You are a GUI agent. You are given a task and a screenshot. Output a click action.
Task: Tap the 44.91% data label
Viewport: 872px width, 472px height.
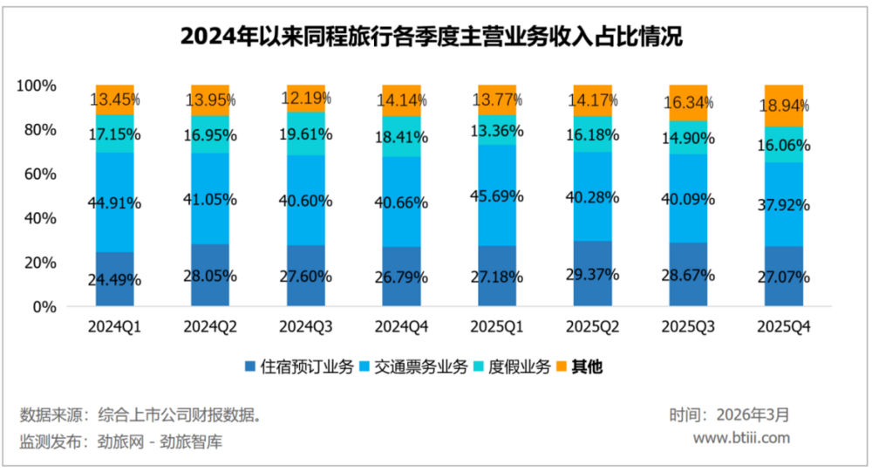point(115,203)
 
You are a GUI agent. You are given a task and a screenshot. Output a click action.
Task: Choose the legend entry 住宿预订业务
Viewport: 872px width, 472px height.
point(299,366)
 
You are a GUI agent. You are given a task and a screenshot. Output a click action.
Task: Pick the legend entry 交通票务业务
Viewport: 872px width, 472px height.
point(413,366)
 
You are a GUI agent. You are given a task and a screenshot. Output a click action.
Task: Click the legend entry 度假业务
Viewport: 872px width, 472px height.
point(514,366)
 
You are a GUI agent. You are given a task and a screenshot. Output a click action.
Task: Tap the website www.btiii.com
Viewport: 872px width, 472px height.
point(741,438)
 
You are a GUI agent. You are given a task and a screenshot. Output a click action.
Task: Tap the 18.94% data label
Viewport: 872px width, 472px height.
point(783,106)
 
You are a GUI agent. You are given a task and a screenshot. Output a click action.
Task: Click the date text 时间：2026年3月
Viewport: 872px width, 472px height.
point(729,414)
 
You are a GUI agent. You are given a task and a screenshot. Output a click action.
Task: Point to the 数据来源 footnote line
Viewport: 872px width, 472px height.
point(140,414)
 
